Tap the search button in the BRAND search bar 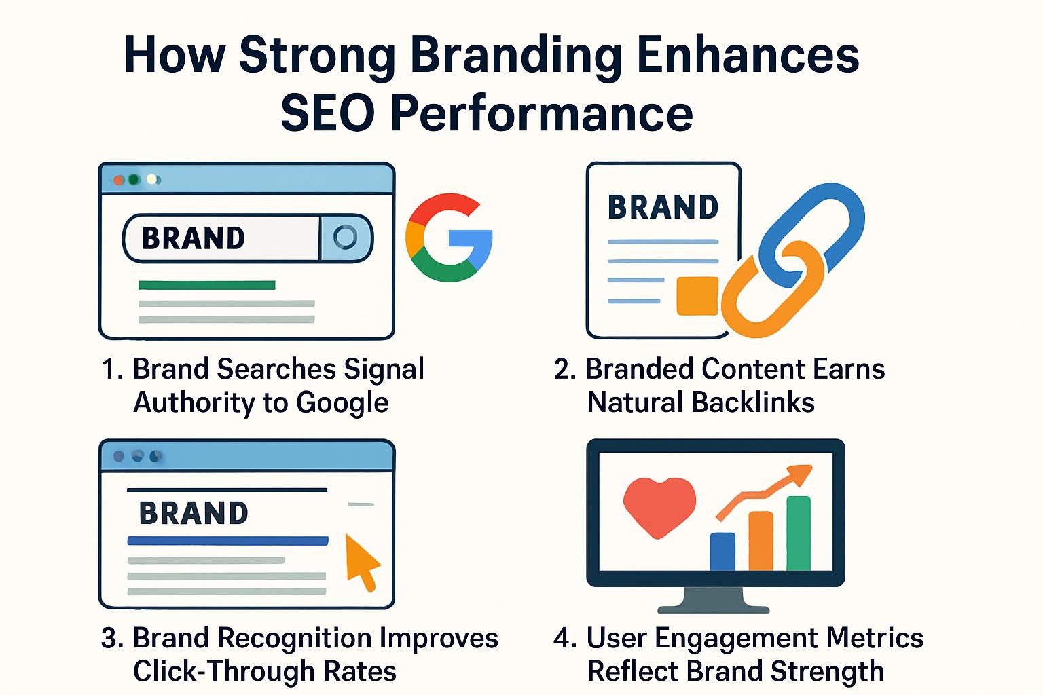(x=346, y=238)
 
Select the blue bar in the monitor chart (x=722, y=552)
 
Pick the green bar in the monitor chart (x=799, y=533)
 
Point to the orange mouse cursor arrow (x=362, y=561)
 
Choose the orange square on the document (x=697, y=296)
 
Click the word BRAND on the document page (x=663, y=207)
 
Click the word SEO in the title (x=328, y=113)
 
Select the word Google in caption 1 (x=342, y=402)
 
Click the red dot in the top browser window (x=119, y=180)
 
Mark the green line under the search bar (x=206, y=285)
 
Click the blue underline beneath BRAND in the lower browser (x=227, y=540)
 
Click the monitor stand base (x=714, y=608)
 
